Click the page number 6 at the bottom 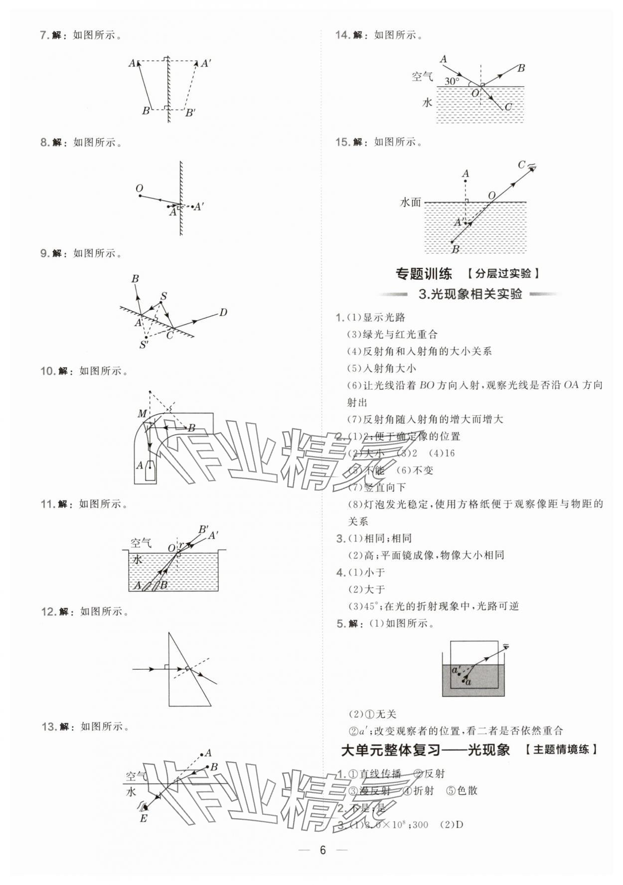point(322,850)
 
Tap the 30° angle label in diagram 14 point(452,81)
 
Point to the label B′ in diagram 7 point(190,113)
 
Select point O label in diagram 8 point(139,188)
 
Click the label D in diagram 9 point(223,313)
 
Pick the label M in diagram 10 point(142,414)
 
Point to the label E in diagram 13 point(144,818)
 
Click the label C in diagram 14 point(508,107)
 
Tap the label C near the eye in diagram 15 point(521,165)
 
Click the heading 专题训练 point(424,273)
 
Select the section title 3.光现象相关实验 point(470,294)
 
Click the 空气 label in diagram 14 point(422,77)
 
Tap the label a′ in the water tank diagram point(456,670)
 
